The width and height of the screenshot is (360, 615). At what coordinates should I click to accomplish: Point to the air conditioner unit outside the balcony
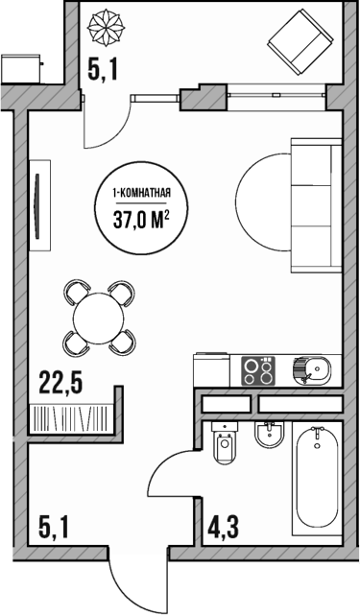[20, 69]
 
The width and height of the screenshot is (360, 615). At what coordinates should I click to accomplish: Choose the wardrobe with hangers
[72, 417]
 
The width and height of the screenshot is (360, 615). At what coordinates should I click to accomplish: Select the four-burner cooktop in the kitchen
[258, 368]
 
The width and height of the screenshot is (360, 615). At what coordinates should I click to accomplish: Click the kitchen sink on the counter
[315, 368]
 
